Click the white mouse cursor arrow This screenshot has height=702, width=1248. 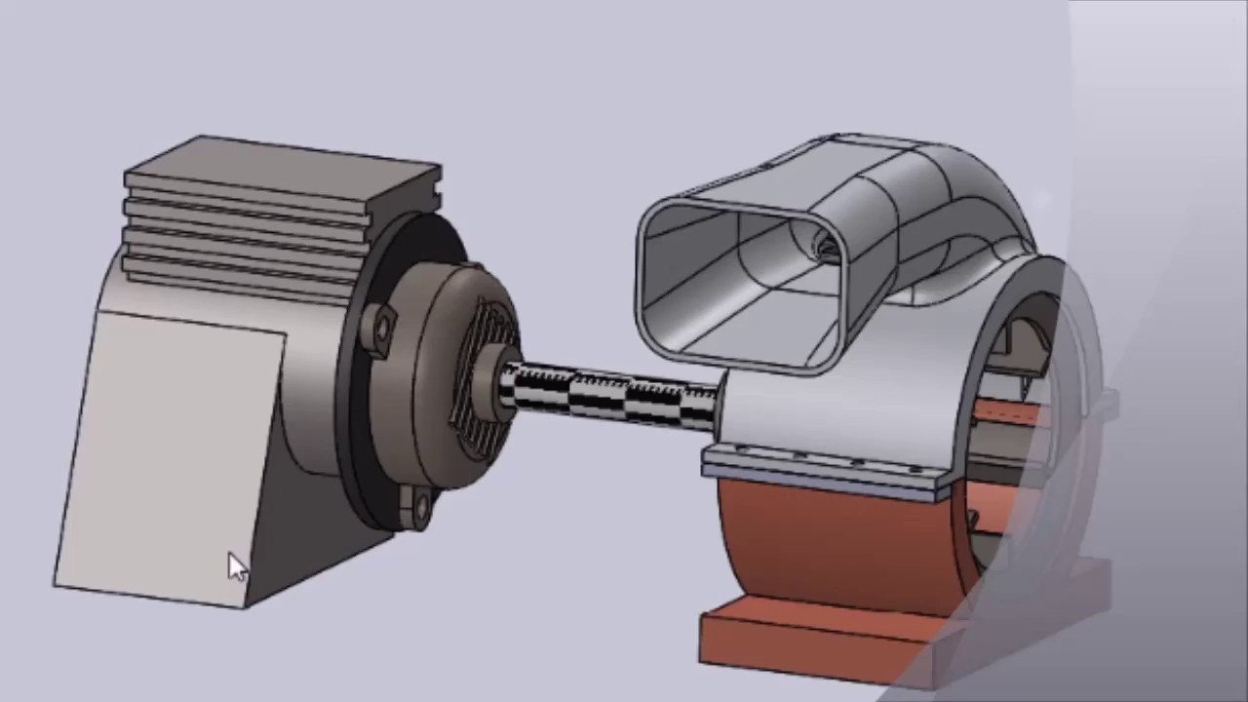coord(237,566)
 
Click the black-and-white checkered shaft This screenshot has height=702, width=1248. coord(614,396)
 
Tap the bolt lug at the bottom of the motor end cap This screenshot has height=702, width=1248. coord(416,505)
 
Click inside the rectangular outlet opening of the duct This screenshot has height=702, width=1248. coord(741,283)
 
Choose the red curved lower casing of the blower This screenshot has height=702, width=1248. coord(829,546)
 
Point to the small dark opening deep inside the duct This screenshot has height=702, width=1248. coord(827,250)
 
